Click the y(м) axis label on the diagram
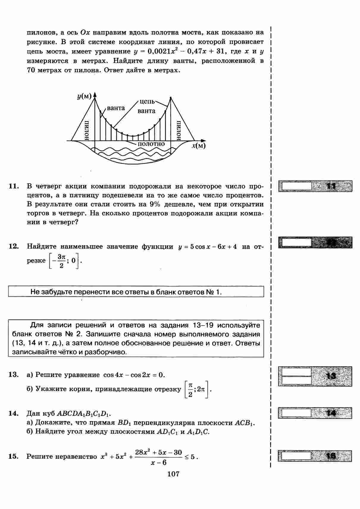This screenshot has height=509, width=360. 84,96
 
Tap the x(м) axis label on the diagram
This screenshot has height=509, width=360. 198,146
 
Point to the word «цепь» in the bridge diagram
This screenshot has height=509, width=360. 147,102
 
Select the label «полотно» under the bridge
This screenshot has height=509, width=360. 151,144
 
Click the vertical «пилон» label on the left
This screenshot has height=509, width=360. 87,130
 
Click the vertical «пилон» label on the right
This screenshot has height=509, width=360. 179,130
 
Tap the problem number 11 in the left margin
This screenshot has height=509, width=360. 14,186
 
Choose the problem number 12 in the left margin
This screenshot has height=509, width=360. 14,246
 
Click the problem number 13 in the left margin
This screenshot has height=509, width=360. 14,375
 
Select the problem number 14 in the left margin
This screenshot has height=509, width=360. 14,414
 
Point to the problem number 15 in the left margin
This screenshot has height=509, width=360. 14,456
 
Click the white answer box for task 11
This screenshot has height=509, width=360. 296,186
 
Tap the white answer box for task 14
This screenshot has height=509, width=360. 296,413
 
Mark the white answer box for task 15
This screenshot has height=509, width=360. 296,456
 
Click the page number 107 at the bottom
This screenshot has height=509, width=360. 173,474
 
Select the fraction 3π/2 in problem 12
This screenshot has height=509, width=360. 61,261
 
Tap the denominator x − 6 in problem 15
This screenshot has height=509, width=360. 159,463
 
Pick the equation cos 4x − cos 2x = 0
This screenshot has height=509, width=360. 134,375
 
